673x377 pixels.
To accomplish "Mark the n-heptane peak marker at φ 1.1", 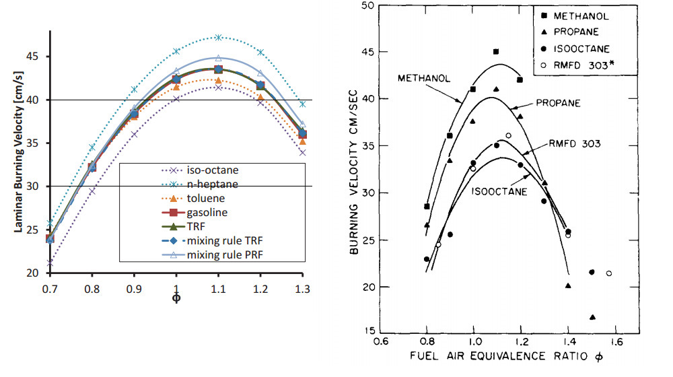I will pyautogui.click(x=218, y=37).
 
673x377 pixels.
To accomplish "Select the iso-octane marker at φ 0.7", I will pyautogui.click(x=49, y=263).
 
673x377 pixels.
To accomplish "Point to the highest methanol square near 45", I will pyautogui.click(x=496, y=51).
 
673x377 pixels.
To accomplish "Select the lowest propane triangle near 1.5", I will pyautogui.click(x=592, y=317).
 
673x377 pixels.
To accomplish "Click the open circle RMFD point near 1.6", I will pyautogui.click(x=608, y=273).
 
